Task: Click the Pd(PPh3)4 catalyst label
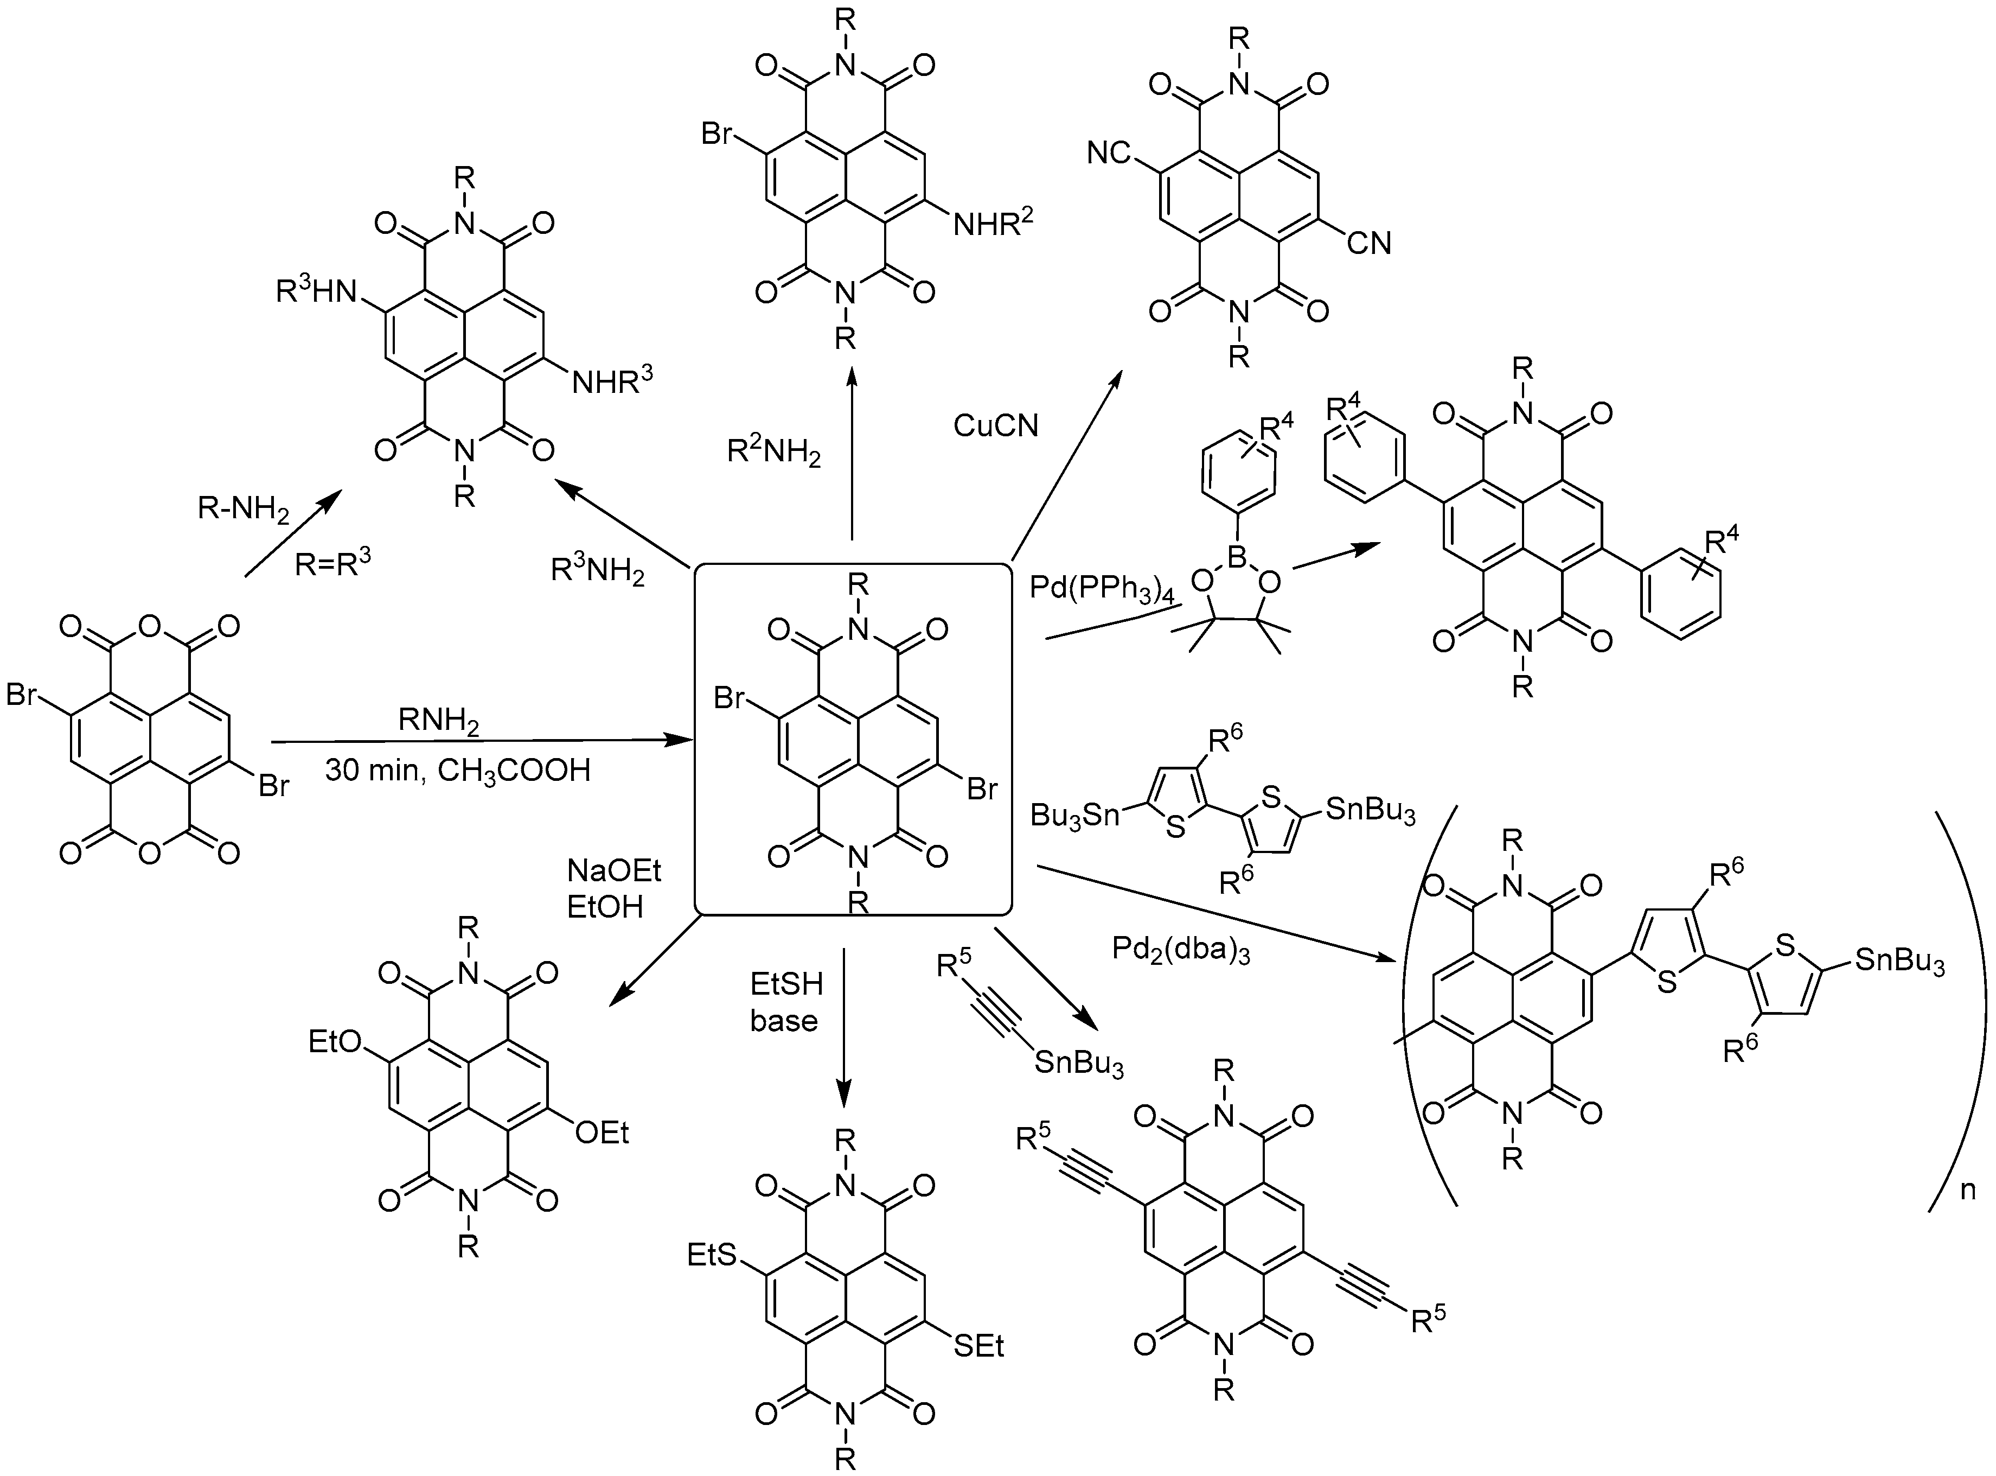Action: coord(1101,590)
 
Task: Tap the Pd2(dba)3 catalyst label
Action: coord(1181,949)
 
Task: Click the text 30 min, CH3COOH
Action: coord(457,770)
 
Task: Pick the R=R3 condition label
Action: coord(332,563)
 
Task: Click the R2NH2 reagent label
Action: coord(773,453)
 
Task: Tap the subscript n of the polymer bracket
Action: coord(1967,1190)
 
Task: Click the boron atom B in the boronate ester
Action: coord(1237,557)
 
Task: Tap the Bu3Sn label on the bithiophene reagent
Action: coord(1074,815)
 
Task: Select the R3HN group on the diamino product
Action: coord(316,291)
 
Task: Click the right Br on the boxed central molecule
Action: coord(982,789)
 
